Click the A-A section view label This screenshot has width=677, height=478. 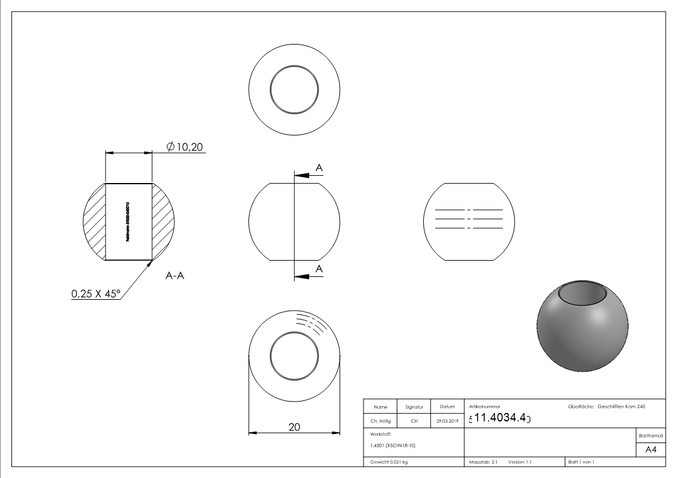174,276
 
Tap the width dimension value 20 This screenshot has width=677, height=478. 294,427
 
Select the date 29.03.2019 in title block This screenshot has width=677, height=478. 447,421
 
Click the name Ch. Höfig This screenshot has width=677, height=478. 380,421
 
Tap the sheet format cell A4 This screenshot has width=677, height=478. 650,450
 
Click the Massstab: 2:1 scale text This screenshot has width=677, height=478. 482,462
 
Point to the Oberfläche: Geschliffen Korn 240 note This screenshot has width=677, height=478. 606,407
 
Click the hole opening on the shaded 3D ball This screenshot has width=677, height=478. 583,294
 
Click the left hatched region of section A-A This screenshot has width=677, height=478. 94,221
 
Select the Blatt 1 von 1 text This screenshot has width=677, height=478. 581,462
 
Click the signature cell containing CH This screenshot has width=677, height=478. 414,421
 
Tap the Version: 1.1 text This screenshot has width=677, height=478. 520,462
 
